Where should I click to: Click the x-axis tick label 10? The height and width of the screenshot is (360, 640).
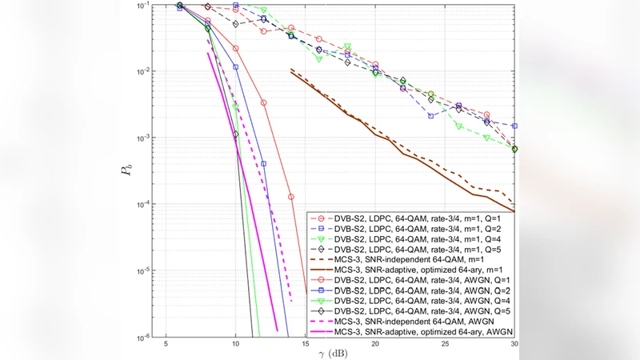(x=235, y=344)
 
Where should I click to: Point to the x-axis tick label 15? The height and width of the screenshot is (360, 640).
(x=305, y=344)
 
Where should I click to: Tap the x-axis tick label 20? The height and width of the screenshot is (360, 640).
(x=375, y=344)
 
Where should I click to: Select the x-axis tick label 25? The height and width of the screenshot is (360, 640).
(x=445, y=344)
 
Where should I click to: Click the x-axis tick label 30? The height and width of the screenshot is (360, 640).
(x=513, y=344)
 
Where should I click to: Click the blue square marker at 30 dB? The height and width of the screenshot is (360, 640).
(x=514, y=126)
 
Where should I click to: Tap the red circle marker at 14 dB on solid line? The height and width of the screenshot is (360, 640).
(x=291, y=196)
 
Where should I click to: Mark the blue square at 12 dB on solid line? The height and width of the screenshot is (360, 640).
(x=263, y=163)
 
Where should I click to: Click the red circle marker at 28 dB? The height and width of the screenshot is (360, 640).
(x=486, y=115)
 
